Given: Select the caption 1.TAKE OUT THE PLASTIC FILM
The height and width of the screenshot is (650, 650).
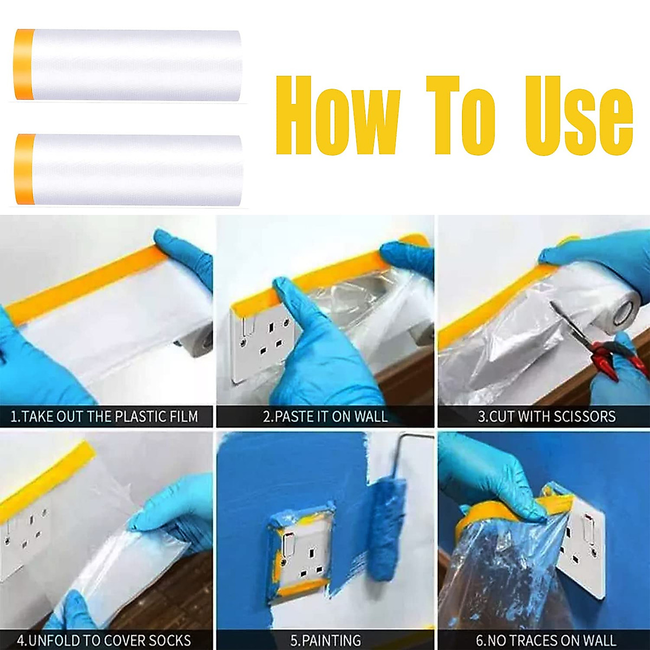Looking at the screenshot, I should pos(105,417).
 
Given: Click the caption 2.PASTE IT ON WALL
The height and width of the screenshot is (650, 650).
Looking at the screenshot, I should pos(325,417).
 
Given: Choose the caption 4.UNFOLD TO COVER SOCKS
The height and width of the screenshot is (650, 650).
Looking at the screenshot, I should pos(104,640).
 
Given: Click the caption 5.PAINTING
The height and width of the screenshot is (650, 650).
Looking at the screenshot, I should pos(326,640).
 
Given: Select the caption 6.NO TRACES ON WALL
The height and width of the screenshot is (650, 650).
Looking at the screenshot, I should pos(546,640).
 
